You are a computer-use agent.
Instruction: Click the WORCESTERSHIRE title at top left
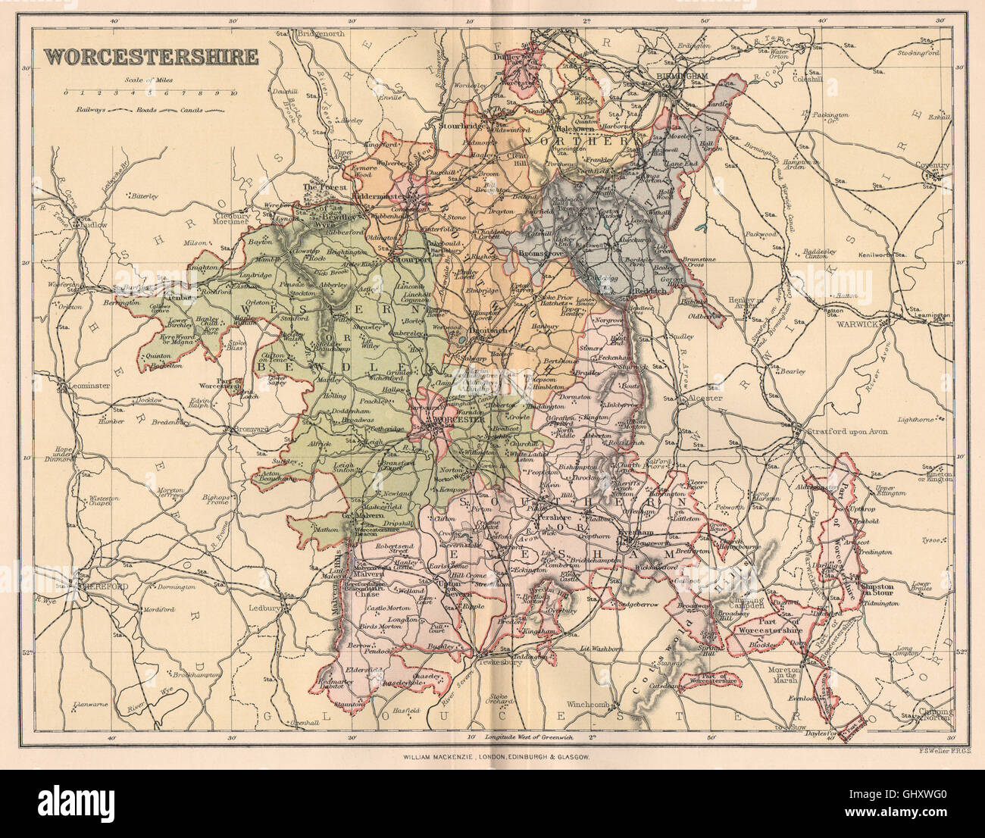pyautogui.click(x=150, y=57)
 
